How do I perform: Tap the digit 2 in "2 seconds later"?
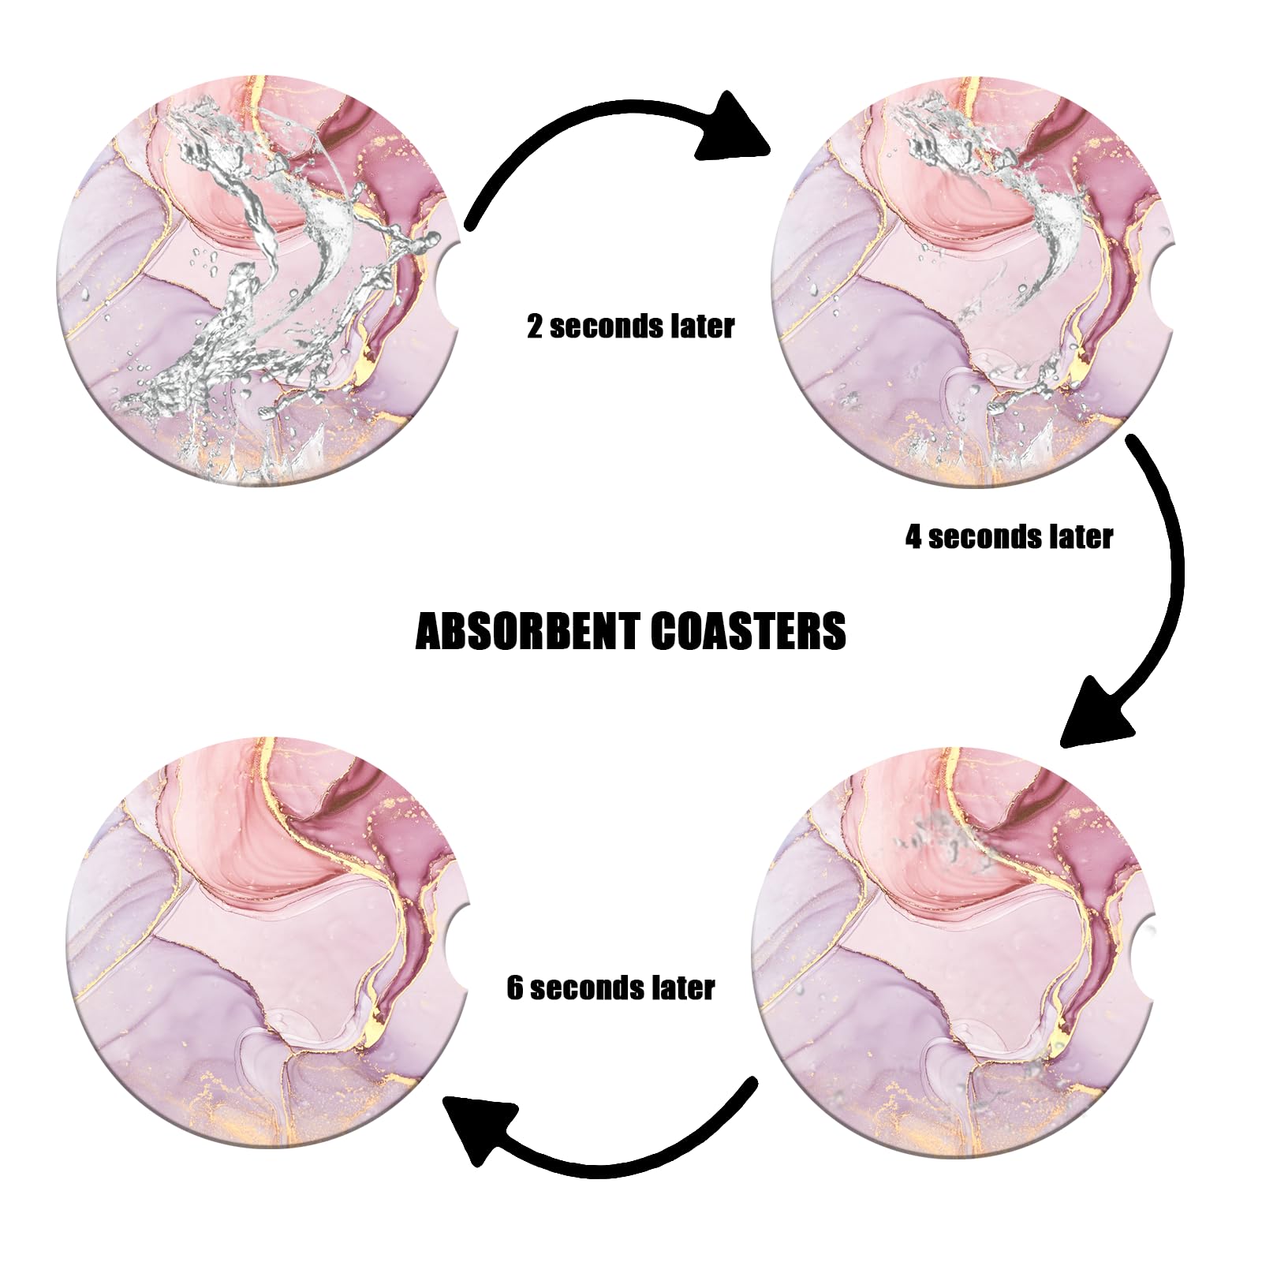coord(535,327)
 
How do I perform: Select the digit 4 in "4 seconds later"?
coord(913,538)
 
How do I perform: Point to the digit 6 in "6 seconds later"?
coord(514,988)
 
